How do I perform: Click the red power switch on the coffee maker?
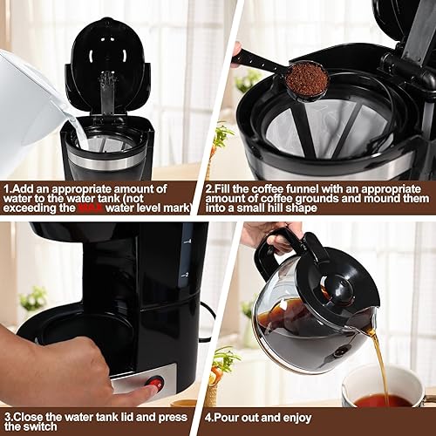coord(154,382)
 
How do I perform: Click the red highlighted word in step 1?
coord(91,209)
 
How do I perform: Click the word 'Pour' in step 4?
coord(232,416)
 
